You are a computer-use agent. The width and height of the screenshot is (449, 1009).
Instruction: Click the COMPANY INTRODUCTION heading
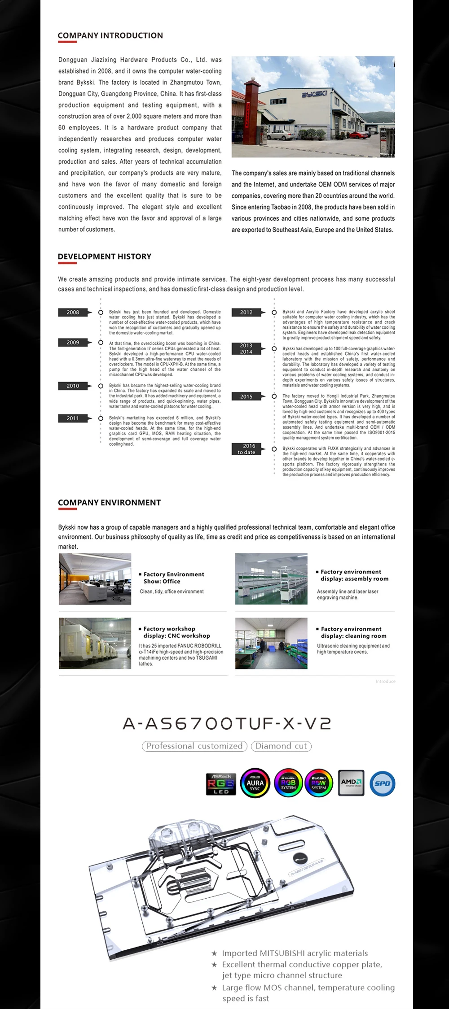pos(110,35)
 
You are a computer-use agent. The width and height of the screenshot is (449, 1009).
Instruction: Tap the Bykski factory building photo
pos(313,107)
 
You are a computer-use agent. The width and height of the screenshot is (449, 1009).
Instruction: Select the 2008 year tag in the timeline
pos(73,312)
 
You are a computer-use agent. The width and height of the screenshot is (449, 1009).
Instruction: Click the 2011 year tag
pos(73,418)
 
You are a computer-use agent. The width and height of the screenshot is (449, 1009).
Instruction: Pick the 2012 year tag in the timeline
pos(246,312)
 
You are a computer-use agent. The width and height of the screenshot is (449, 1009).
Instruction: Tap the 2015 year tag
pos(246,396)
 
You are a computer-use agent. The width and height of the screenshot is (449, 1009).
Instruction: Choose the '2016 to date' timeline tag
pos(246,449)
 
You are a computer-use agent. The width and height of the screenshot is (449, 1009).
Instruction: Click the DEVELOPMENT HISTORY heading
pos(105,257)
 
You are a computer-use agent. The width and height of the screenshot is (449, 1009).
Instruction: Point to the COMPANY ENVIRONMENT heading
pos(110,503)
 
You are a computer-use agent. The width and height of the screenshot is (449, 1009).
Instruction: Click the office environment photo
pos(95,579)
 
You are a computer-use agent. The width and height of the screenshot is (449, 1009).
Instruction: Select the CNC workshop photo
pos(95,644)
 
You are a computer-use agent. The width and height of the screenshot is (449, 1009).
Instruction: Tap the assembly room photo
pos(271,579)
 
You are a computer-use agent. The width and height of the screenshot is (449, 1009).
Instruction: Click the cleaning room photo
pos(271,644)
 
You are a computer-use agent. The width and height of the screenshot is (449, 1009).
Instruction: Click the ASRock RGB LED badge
pos(221,784)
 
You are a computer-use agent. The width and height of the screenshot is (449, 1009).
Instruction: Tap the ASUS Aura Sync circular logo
pos(255,783)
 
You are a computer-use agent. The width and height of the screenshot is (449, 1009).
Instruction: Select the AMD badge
pos(351,783)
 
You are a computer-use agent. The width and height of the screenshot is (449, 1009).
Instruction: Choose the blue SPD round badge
pos(383,783)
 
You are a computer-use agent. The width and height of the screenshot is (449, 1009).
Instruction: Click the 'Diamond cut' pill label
pos(281,746)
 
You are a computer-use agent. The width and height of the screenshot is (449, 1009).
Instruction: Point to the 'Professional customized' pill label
pos(194,746)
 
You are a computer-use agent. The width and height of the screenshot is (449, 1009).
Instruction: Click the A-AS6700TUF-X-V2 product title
pos(227,723)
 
